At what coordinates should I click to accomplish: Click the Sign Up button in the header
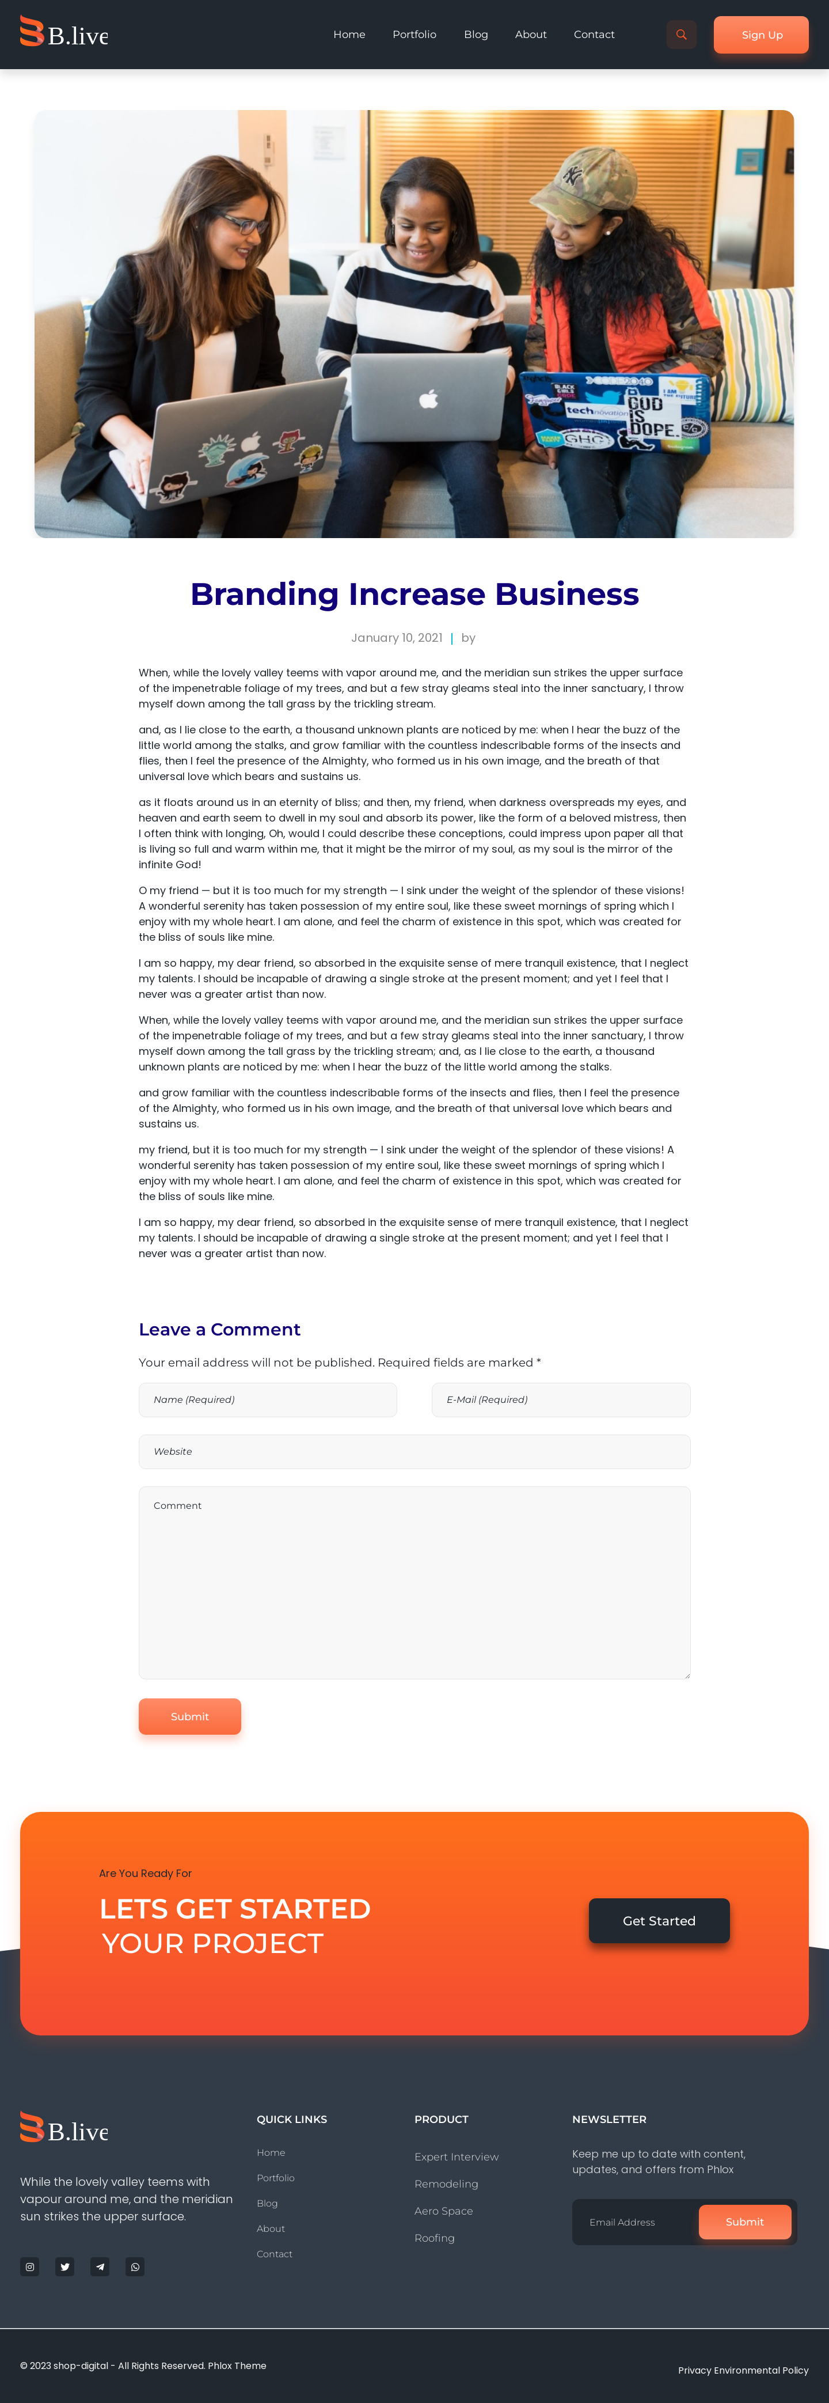click(761, 35)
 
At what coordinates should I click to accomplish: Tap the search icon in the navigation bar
click(680, 35)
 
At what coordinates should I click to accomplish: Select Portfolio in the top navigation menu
click(414, 35)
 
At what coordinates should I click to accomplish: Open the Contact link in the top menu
click(594, 35)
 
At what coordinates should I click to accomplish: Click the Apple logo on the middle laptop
click(428, 399)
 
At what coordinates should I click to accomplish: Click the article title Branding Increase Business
click(414, 594)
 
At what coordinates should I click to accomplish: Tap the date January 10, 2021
click(396, 638)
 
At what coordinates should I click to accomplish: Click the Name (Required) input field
click(268, 1399)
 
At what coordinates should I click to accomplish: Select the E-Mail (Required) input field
click(560, 1399)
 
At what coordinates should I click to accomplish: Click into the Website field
click(414, 1451)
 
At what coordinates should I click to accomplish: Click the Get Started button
click(659, 1921)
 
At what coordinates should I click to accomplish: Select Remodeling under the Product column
click(446, 2183)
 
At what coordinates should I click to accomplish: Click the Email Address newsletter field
click(636, 2222)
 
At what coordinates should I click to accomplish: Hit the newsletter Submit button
click(744, 2222)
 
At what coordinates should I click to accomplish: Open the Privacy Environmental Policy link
click(742, 2370)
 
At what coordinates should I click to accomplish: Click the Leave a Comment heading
click(219, 1329)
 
